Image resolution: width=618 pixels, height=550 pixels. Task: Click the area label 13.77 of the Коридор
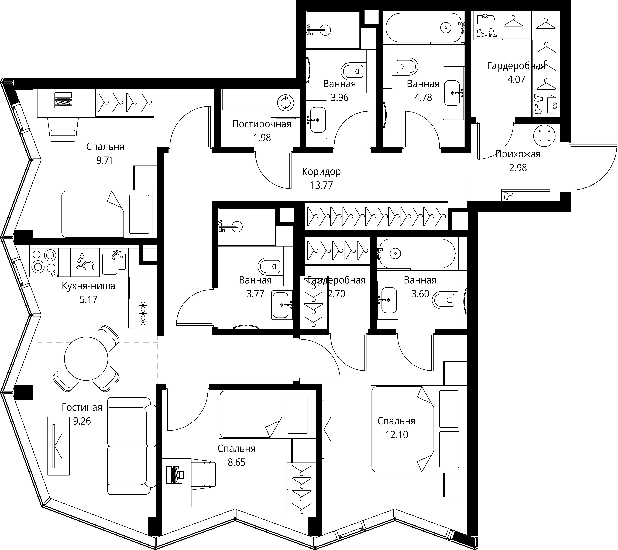coord(321,185)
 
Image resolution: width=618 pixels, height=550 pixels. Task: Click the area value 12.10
coord(397,435)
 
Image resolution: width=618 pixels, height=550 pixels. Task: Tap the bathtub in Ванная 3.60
coord(417,253)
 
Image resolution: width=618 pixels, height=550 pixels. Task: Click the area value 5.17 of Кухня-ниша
coord(88,299)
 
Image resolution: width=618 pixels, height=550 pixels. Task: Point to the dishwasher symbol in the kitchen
coord(85,262)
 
